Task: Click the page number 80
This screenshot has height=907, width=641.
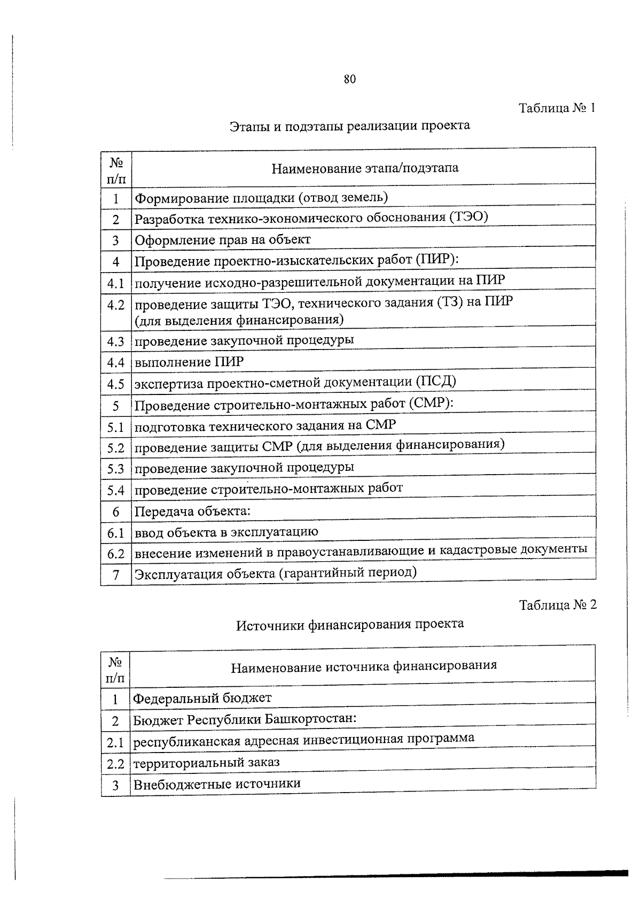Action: [x=350, y=80]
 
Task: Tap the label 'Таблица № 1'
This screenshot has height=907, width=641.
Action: [x=557, y=108]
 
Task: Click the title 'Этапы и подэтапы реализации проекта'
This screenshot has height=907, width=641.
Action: [x=350, y=126]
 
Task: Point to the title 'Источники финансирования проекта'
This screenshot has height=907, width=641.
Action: [x=350, y=624]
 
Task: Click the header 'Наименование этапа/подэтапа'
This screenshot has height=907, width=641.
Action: [x=364, y=168]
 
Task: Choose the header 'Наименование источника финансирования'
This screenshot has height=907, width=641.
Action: [x=363, y=666]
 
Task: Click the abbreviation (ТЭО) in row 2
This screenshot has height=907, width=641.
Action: [x=468, y=217]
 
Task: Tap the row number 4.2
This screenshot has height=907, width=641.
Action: [x=115, y=305]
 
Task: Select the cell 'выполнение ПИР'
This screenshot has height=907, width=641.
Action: [x=189, y=362]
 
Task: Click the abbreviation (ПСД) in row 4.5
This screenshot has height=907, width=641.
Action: [x=435, y=382]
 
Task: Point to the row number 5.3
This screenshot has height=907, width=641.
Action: [x=115, y=469]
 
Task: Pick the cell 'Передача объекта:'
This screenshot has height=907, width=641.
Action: [x=192, y=511]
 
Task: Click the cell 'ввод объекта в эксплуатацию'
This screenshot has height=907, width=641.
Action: [x=226, y=532]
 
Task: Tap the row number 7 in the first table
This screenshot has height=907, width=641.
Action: [x=115, y=575]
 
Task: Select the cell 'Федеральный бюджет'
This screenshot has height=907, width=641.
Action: [x=202, y=698]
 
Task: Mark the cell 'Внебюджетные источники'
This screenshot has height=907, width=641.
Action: [x=217, y=784]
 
